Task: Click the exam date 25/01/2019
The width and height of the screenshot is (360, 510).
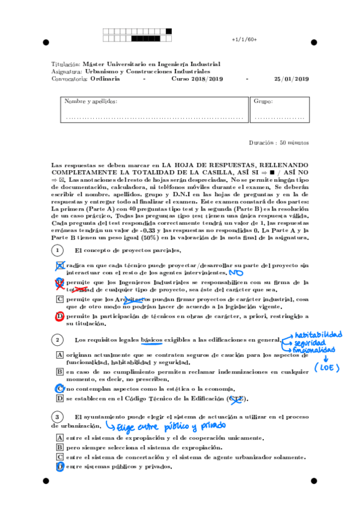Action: (x=291, y=79)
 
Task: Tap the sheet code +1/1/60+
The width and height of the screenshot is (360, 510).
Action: (x=244, y=39)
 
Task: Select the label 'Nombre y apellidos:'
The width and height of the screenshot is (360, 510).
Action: (x=91, y=102)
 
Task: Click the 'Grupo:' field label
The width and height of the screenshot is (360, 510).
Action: (x=263, y=102)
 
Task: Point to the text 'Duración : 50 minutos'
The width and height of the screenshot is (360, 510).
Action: (x=278, y=143)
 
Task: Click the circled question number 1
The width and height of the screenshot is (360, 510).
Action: (x=57, y=250)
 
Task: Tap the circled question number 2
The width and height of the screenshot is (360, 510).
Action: (x=57, y=340)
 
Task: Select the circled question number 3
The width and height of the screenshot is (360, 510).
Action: (x=57, y=416)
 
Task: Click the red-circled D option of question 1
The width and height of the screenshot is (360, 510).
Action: (x=59, y=316)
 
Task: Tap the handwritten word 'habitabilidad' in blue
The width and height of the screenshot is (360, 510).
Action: (x=318, y=334)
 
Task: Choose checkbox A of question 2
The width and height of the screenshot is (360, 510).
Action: (x=59, y=355)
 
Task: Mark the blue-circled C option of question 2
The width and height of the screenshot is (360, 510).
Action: (x=59, y=389)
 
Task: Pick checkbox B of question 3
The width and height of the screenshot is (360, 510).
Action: (x=59, y=447)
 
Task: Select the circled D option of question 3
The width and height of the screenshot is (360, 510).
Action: (x=59, y=466)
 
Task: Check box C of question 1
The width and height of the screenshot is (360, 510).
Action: (x=59, y=299)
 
